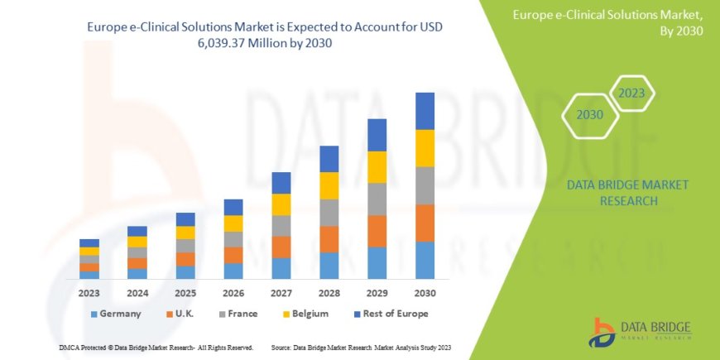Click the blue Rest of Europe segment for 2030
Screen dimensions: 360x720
425,111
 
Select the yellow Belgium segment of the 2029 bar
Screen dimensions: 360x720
377,167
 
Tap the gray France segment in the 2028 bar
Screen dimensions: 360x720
329,212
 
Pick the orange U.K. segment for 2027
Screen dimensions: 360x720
281,247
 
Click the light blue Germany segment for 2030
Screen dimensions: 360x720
425,260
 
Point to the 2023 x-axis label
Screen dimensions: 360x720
89,292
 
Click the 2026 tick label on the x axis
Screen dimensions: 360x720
233,292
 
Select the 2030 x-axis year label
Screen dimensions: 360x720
425,292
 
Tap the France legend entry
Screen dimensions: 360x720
238,314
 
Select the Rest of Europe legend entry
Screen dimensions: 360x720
387,314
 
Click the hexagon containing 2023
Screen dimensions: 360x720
631,94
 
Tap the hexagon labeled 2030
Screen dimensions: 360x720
590,115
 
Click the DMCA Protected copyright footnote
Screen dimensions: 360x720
156,348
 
